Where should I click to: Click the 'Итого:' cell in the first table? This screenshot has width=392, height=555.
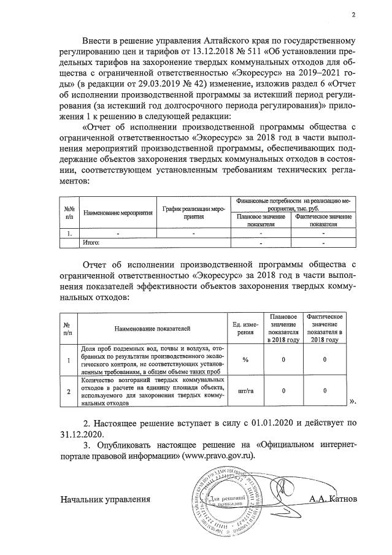coord(91,243)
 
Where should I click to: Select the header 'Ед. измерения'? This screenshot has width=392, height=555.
coord(245,328)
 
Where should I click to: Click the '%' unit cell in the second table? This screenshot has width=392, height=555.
coord(245,359)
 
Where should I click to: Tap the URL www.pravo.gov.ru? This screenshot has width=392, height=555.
coord(212,457)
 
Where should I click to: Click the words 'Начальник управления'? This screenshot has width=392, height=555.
coord(105,500)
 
